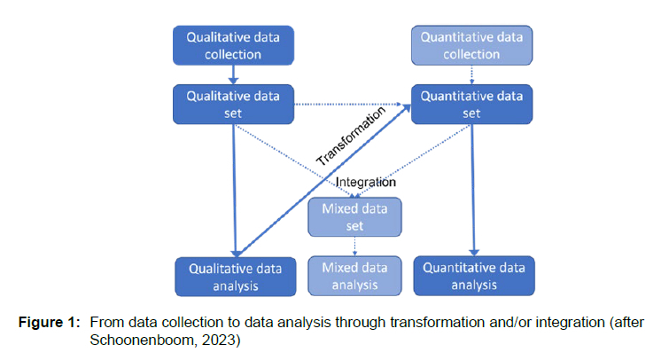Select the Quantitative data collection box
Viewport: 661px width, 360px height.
pos(470,45)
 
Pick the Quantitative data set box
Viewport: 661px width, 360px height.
pos(470,105)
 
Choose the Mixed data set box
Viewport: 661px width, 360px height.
pos(354,215)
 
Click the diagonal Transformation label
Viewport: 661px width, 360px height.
pos(352,136)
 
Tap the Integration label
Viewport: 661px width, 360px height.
pos(365,183)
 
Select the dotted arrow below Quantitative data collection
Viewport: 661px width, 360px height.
pos(470,75)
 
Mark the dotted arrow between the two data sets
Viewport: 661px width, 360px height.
pos(350,105)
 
